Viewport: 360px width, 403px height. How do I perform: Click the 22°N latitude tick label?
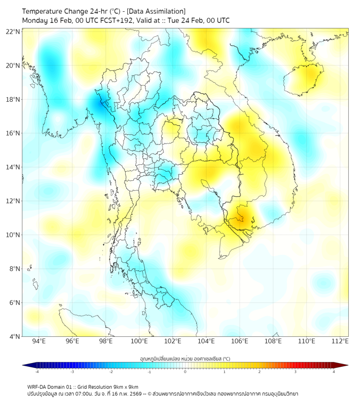pyautogui.click(x=13, y=31)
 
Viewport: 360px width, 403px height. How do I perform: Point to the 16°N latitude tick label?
pyautogui.click(x=13, y=133)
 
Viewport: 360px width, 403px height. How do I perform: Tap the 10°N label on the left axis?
pyautogui.click(x=13, y=235)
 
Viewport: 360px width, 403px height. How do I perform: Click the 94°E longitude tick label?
pyautogui.click(x=39, y=341)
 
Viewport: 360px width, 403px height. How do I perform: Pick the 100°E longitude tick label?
pyautogui.click(x=140, y=341)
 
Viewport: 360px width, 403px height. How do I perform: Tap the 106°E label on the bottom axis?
pyautogui.click(x=240, y=341)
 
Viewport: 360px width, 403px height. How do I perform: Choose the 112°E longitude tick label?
pyautogui.click(x=340, y=341)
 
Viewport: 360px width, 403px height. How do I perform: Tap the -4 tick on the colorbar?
pyautogui.click(x=37, y=372)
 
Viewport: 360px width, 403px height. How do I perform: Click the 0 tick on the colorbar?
pyautogui.click(x=185, y=372)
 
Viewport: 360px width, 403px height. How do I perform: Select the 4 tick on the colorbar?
pyautogui.click(x=334, y=372)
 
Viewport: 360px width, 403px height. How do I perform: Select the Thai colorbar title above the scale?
pyautogui.click(x=185, y=359)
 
